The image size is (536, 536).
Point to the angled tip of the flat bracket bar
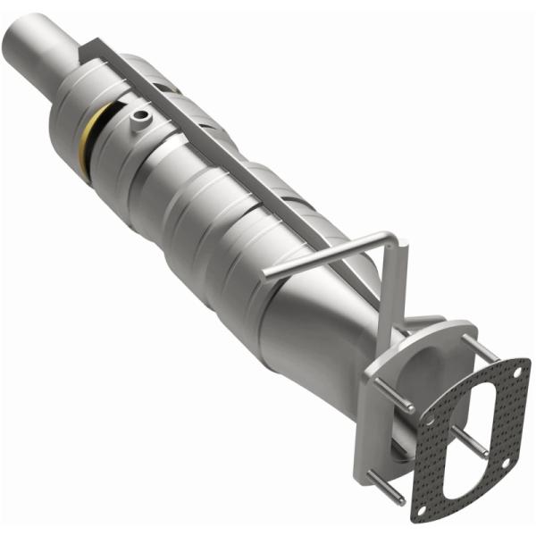click(x=84, y=55)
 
